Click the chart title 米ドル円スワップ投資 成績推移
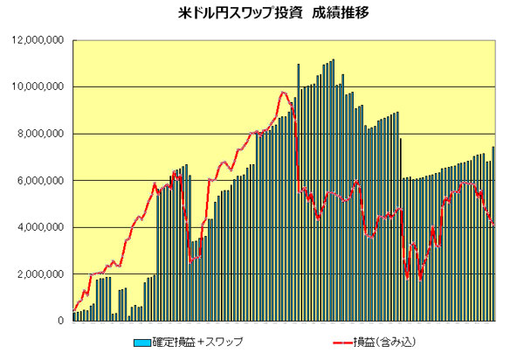[x=261, y=14]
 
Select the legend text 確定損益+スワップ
[x=197, y=342]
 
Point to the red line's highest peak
[x=283, y=92]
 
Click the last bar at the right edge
[x=493, y=233]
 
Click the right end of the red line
[x=494, y=225]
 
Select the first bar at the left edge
[x=74, y=316]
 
